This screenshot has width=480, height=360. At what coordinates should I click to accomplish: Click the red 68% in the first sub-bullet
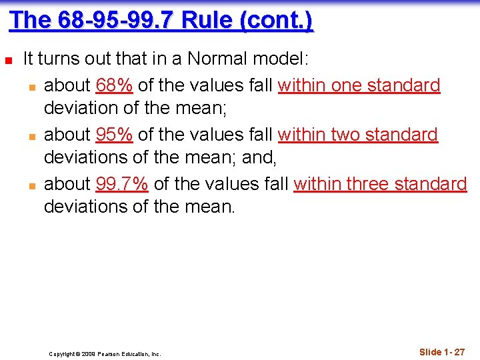click(114, 85)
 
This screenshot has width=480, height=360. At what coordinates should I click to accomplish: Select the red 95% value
click(114, 135)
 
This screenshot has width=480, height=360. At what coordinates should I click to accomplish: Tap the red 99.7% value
click(121, 184)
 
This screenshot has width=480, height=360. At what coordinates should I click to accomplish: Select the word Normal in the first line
click(217, 59)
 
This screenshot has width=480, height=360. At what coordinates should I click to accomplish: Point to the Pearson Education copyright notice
click(105, 354)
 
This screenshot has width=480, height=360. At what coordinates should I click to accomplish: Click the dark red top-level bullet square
click(8, 60)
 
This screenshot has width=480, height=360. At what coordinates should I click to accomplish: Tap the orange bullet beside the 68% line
click(31, 86)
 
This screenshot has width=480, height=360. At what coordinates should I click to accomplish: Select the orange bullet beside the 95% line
click(31, 135)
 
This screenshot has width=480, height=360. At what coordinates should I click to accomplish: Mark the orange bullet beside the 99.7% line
click(31, 185)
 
